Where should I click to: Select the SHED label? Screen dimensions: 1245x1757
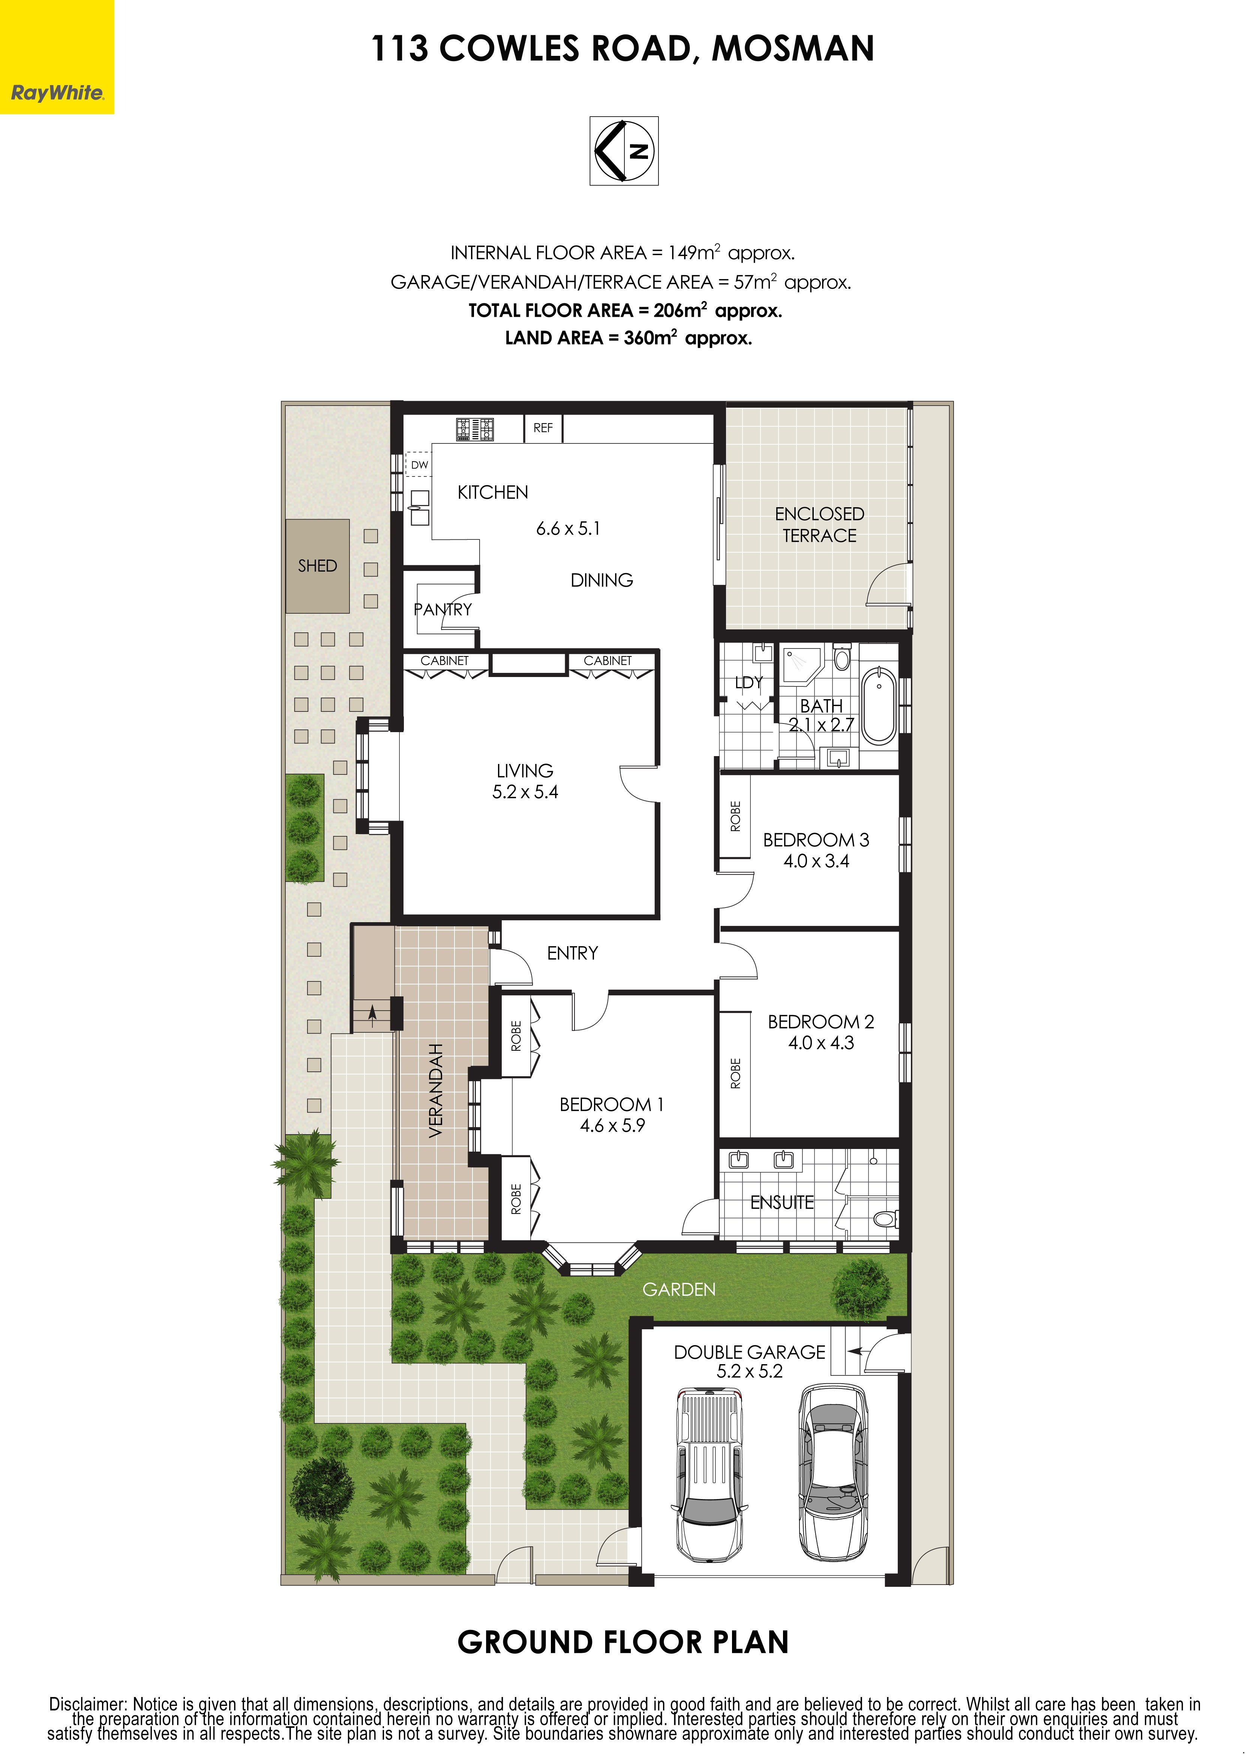317,566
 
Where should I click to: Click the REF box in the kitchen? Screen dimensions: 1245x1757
543,428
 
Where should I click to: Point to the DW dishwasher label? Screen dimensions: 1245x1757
419,465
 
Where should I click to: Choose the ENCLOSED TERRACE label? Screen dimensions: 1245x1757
819,524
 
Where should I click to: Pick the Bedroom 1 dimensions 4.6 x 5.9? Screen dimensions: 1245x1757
612,1125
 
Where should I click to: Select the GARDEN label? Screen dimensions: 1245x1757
678,1290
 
